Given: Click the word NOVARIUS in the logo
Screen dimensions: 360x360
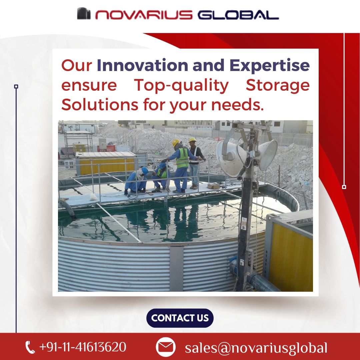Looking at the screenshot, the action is coord(144,15).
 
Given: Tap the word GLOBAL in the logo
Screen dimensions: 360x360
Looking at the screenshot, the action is coord(238,15).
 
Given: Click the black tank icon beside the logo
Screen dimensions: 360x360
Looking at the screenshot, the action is coord(84,14).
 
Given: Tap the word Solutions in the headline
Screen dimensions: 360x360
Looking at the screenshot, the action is coord(100,105).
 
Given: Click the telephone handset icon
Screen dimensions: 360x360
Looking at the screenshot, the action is coord(30,347).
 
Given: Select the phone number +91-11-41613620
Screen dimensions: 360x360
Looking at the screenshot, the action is coord(83,347).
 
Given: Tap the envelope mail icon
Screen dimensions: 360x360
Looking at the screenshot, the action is coord(166,347).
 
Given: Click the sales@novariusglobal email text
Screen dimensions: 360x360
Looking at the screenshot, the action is coord(256,348).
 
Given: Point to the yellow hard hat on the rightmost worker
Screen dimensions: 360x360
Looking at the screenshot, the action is coord(192,140).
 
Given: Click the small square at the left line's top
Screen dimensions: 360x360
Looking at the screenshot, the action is coord(16,87).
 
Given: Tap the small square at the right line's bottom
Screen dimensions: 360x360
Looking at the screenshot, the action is coord(344,187).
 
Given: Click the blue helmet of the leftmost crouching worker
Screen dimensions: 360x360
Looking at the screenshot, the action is coord(145,171).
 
